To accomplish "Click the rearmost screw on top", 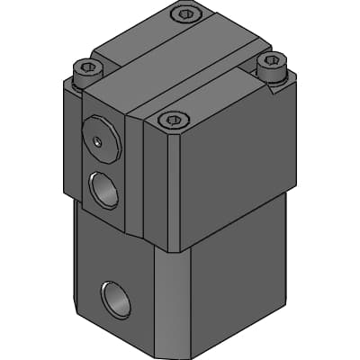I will (x=185, y=13).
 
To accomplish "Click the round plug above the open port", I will (x=102, y=138).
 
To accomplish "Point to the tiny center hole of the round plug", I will (x=97, y=139).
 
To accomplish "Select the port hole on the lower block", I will (x=117, y=299).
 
